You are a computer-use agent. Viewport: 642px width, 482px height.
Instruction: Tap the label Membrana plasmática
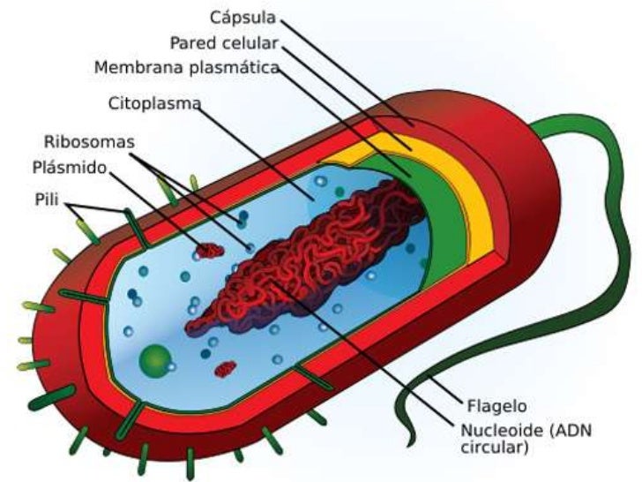point(199,67)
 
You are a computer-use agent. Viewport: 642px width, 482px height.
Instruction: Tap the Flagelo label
point(495,407)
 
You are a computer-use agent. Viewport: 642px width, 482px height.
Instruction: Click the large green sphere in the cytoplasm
point(156,359)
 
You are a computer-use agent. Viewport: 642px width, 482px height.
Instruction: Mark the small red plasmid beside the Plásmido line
point(210,251)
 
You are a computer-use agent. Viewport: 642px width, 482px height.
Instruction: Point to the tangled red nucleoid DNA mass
point(300,265)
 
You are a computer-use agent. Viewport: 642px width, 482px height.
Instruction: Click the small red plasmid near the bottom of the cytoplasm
point(227,366)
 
